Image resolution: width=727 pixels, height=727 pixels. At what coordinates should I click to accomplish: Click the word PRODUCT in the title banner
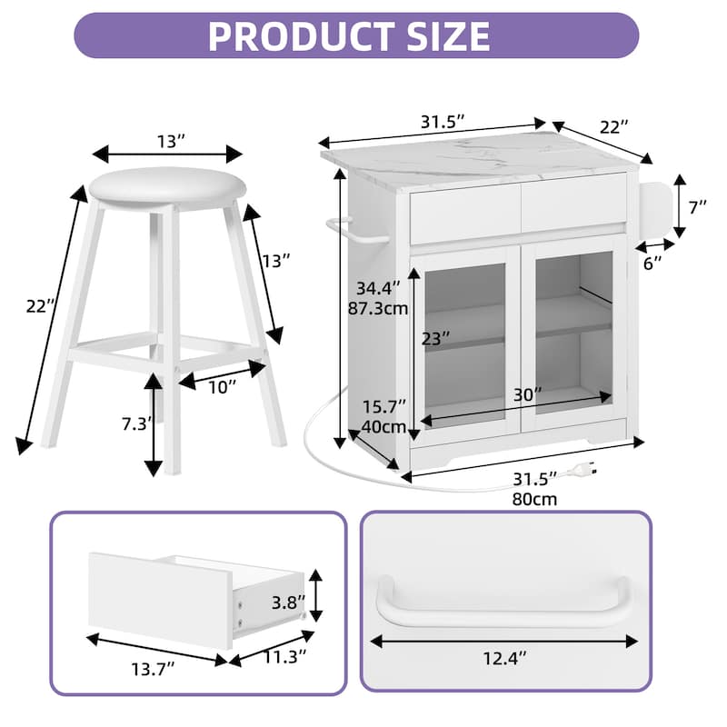[x=300, y=35]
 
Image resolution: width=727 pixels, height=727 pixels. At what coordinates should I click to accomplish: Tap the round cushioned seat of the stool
[x=167, y=186]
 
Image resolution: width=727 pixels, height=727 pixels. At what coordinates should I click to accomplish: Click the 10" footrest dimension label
[x=220, y=386]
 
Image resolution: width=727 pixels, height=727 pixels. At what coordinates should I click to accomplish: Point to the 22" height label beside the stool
[x=36, y=307]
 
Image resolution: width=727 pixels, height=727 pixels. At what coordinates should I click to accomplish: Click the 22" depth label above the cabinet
[x=614, y=128]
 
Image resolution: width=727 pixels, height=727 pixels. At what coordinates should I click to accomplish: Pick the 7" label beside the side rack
[x=698, y=207]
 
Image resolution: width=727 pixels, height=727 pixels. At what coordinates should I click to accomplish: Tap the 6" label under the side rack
[x=652, y=264]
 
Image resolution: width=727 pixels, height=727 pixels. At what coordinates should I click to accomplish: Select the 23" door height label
[x=436, y=339]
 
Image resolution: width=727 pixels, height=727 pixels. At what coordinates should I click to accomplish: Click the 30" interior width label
[x=525, y=395]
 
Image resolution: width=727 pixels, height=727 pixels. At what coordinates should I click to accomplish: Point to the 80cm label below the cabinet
[x=535, y=498]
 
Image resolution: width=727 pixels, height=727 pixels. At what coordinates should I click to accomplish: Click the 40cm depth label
[x=382, y=425]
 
